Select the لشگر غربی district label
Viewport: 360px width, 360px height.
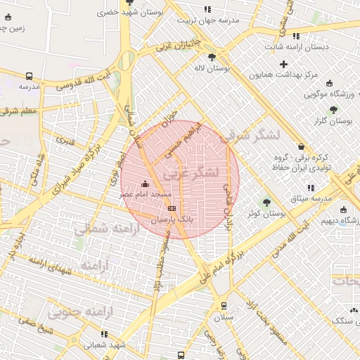(x=191, y=172)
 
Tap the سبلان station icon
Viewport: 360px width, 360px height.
(x=224, y=306)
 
